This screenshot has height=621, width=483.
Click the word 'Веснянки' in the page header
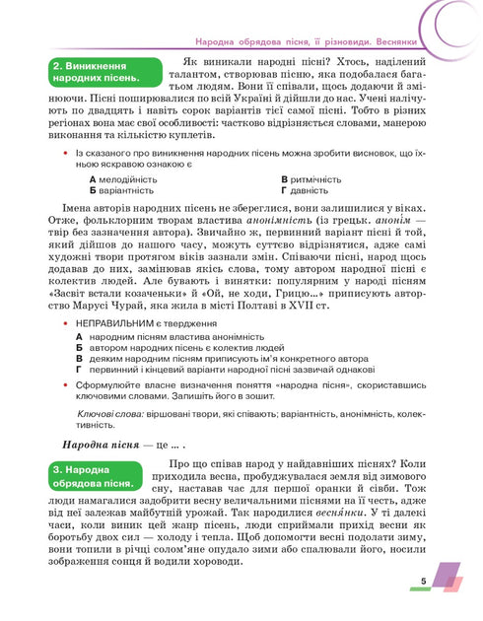[x=447, y=43]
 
